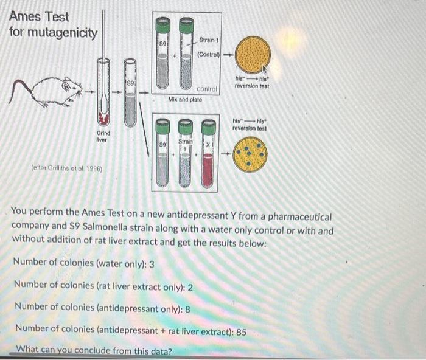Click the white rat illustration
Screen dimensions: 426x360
pos(46,92)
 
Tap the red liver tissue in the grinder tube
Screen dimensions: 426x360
pos(103,119)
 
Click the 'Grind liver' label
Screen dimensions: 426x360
pos(103,136)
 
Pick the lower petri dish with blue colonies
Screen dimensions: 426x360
pos(250,154)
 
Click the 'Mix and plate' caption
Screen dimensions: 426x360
pos(185,99)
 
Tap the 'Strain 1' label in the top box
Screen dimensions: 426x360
pos(209,40)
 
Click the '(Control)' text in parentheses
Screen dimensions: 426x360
pos(208,54)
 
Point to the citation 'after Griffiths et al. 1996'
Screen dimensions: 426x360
pos(67,168)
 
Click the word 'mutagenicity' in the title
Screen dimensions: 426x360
pos(63,33)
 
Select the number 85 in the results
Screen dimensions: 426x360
pos(241,332)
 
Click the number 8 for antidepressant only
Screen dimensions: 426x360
pos(187,310)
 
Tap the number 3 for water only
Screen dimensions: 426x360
pos(152,264)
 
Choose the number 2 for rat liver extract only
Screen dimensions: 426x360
pos(190,287)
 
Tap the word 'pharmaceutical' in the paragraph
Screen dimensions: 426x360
pos(299,217)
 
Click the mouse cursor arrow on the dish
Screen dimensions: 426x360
pos(265,69)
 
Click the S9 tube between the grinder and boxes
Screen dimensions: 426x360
pos(131,93)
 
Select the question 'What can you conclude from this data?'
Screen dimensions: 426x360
pos(94,350)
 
